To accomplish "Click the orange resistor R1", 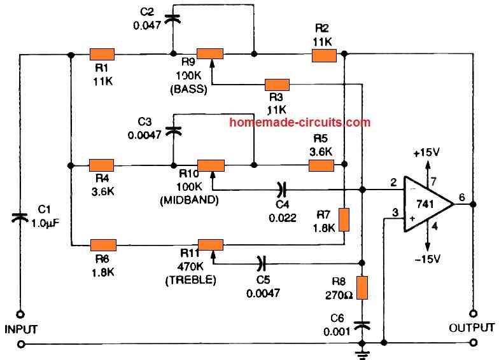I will [102, 55].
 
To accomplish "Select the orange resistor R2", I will [323, 55].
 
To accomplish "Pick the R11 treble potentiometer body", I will [211, 244].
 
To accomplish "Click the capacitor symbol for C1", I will [20, 219].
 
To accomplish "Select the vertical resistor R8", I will [363, 287].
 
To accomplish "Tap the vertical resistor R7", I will [344, 219].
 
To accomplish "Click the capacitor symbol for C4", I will [281, 189].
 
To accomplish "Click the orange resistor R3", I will [277, 85].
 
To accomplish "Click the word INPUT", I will [20, 329].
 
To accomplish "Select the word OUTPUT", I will [472, 328].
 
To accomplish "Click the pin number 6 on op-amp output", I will [461, 197].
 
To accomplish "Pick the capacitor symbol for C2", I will [171, 19].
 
